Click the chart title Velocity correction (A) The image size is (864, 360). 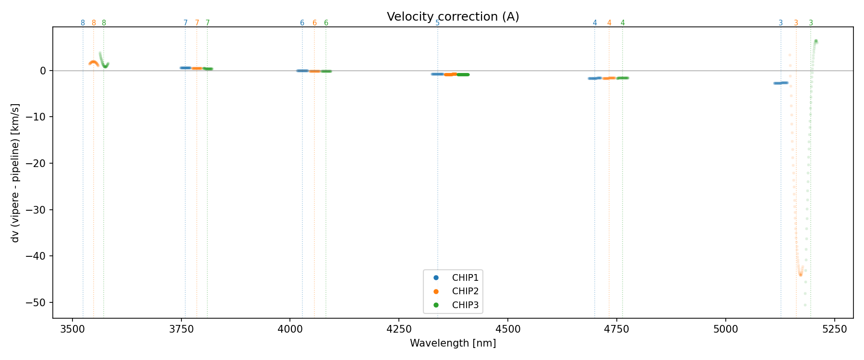click(453, 17)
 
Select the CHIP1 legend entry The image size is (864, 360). click(465, 278)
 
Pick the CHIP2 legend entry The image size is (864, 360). click(465, 291)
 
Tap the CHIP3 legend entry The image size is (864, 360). click(465, 305)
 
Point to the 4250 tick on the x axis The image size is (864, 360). click(399, 329)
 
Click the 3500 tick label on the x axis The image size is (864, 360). click(72, 329)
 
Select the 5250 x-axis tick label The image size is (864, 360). click(835, 329)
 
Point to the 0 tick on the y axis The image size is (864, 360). click(43, 71)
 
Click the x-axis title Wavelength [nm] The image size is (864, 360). click(453, 343)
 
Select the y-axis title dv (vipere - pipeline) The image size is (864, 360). click(15, 173)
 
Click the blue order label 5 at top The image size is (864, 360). click(437, 23)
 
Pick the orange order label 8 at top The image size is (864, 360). click(94, 23)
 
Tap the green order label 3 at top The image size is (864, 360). click(811, 23)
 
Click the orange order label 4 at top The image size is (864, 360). click(609, 23)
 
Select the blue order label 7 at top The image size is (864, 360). click(185, 23)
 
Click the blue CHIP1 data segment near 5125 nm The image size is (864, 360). click(780, 83)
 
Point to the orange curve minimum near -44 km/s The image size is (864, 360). click(800, 274)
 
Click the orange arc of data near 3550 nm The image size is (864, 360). click(94, 62)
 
